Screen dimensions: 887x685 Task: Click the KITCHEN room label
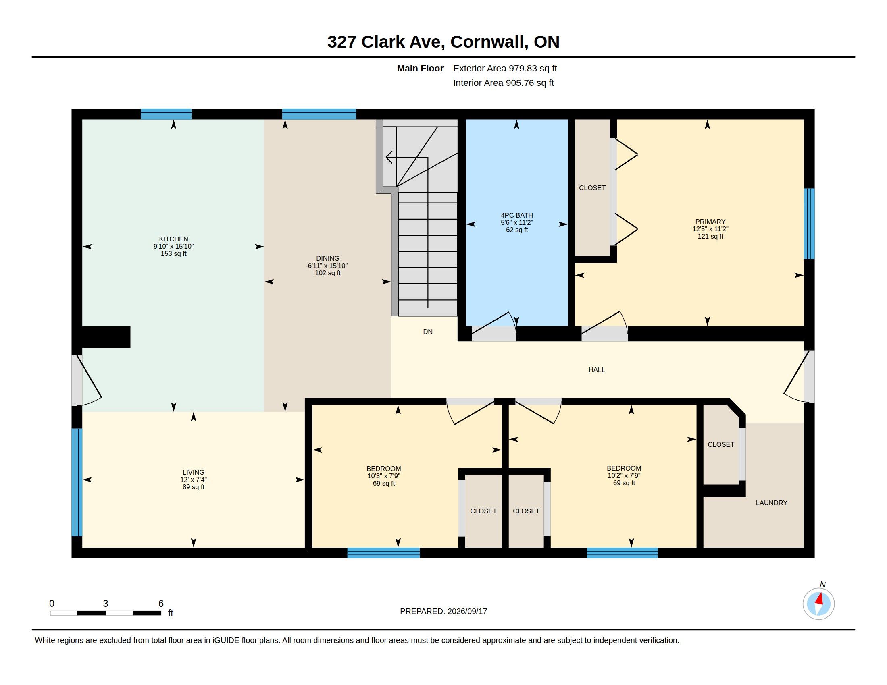click(x=173, y=239)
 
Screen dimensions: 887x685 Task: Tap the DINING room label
click(x=328, y=259)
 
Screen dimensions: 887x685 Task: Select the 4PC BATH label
click(x=516, y=216)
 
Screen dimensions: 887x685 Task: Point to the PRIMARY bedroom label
click(x=710, y=222)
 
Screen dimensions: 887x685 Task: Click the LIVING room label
click(x=193, y=472)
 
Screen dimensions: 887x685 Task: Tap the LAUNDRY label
click(x=771, y=503)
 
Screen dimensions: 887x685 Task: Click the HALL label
click(x=597, y=369)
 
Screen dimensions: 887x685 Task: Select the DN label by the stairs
click(x=428, y=332)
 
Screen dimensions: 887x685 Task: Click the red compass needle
click(x=820, y=599)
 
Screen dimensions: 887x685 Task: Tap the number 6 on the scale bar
click(x=161, y=604)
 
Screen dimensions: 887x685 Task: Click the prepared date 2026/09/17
click(x=467, y=611)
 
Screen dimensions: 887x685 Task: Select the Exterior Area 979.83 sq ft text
click(x=505, y=68)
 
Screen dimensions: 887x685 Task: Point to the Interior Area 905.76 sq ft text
click(x=503, y=83)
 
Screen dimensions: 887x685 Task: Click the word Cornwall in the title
click(x=489, y=42)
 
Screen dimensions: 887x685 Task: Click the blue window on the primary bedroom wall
click(x=809, y=224)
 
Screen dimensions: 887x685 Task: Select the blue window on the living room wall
click(x=77, y=482)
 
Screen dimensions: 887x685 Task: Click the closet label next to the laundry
click(x=720, y=444)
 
